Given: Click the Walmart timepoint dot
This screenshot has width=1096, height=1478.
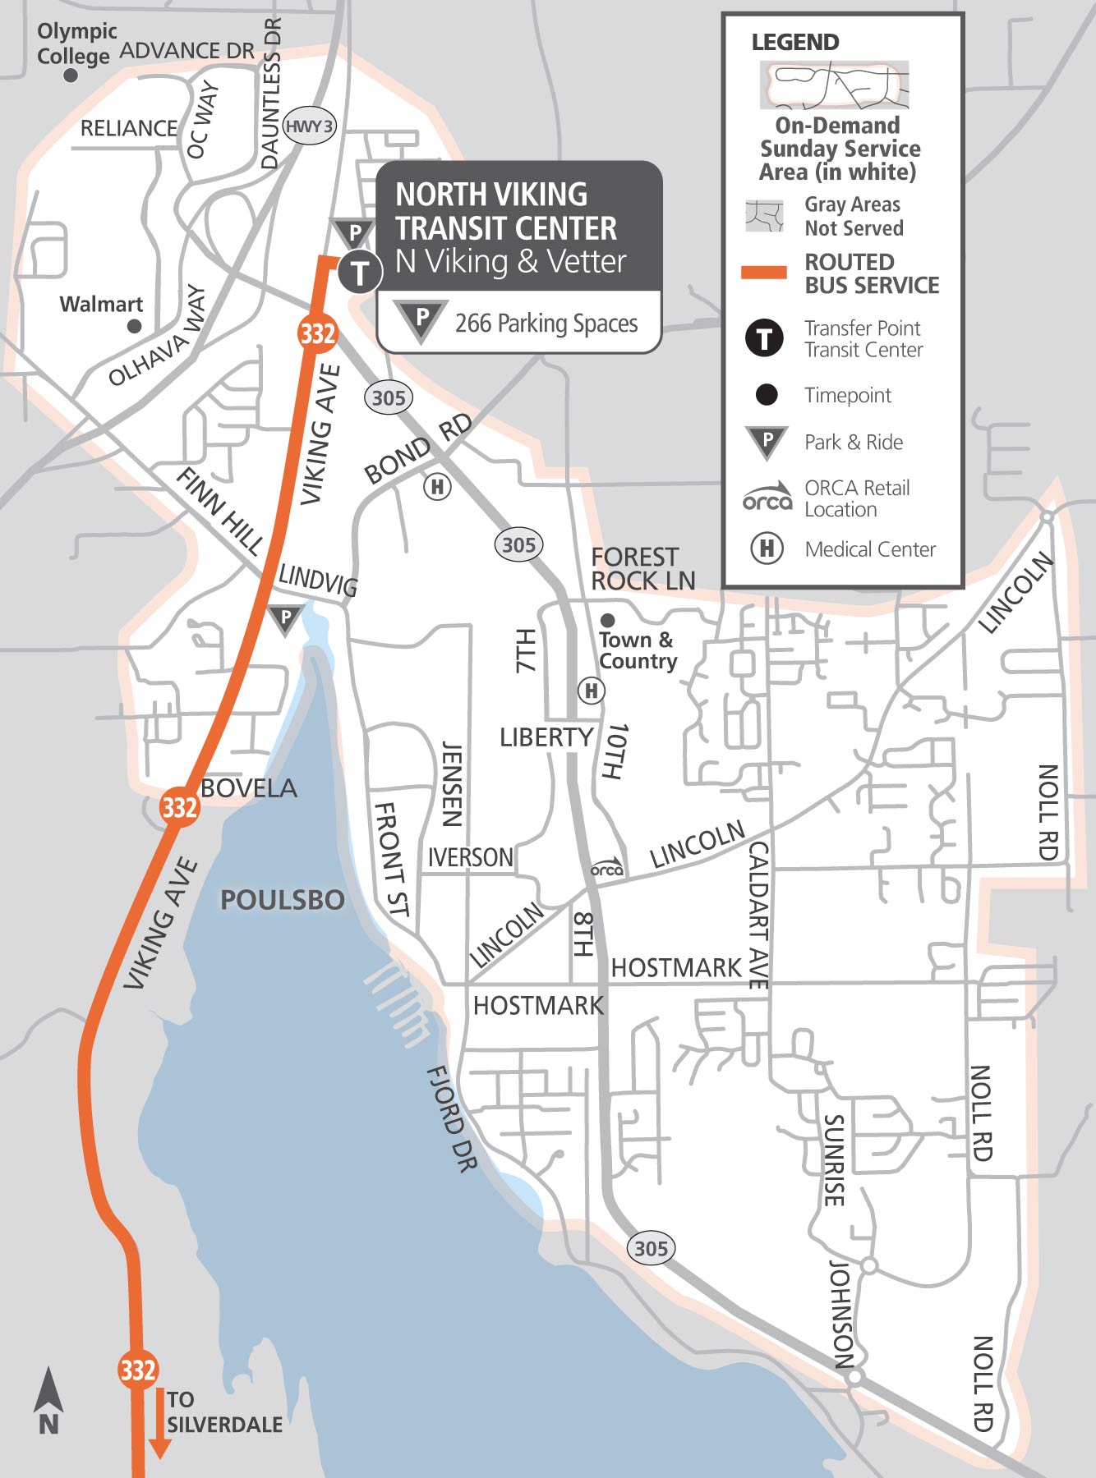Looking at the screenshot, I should pyautogui.click(x=135, y=326).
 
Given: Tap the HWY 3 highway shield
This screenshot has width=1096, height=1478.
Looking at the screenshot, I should pyautogui.click(x=310, y=127).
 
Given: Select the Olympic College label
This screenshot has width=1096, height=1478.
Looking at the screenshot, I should pyautogui.click(x=75, y=44).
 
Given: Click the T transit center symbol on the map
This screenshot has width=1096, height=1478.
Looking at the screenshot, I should pyautogui.click(x=359, y=272).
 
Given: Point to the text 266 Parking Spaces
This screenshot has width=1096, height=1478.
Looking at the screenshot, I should pyautogui.click(x=546, y=324).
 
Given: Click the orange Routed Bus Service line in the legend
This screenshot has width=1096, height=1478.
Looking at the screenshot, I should pyautogui.click(x=764, y=273).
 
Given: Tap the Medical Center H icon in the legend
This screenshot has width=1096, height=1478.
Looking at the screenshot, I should pyautogui.click(x=767, y=548).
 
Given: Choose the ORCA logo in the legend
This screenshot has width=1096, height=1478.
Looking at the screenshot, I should pyautogui.click(x=767, y=498).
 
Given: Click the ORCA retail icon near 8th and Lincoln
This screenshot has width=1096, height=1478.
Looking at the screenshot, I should pyautogui.click(x=607, y=868).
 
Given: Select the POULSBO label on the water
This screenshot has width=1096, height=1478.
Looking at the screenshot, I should pyautogui.click(x=282, y=900).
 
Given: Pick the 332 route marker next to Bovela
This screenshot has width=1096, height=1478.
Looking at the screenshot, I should pyautogui.click(x=179, y=806).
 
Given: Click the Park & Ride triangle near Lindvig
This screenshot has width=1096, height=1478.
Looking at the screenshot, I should pyautogui.click(x=285, y=618).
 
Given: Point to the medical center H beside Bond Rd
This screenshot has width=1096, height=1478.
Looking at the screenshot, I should pyautogui.click(x=437, y=487).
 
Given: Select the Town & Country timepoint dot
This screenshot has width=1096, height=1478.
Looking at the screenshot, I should pyautogui.click(x=608, y=620).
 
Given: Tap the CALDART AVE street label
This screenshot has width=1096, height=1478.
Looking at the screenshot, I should pyautogui.click(x=758, y=914).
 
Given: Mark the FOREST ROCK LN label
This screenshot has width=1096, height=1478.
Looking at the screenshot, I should pyautogui.click(x=642, y=569).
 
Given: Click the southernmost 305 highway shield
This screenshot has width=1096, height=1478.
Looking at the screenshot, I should pyautogui.click(x=651, y=1249).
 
